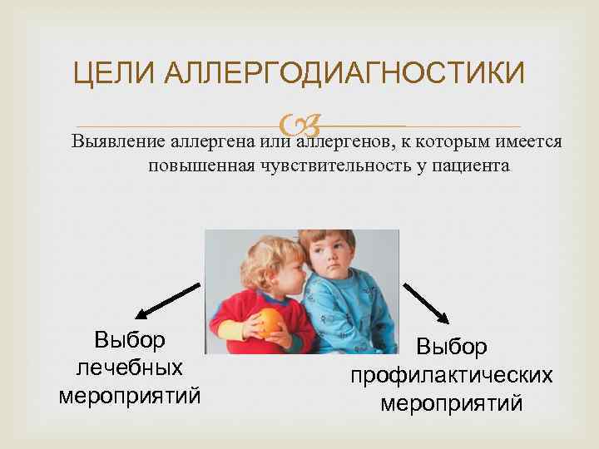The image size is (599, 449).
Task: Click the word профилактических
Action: point(451,376)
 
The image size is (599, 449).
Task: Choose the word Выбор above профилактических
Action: point(451,348)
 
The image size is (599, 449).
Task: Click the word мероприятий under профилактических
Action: point(451,404)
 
